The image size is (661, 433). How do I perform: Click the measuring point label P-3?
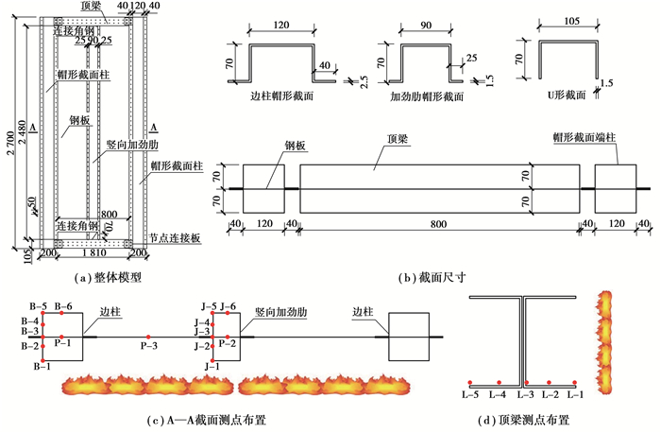coord(147,348)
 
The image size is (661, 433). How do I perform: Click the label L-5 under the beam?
coord(469,393)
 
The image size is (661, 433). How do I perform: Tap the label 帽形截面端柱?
coord(586,137)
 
